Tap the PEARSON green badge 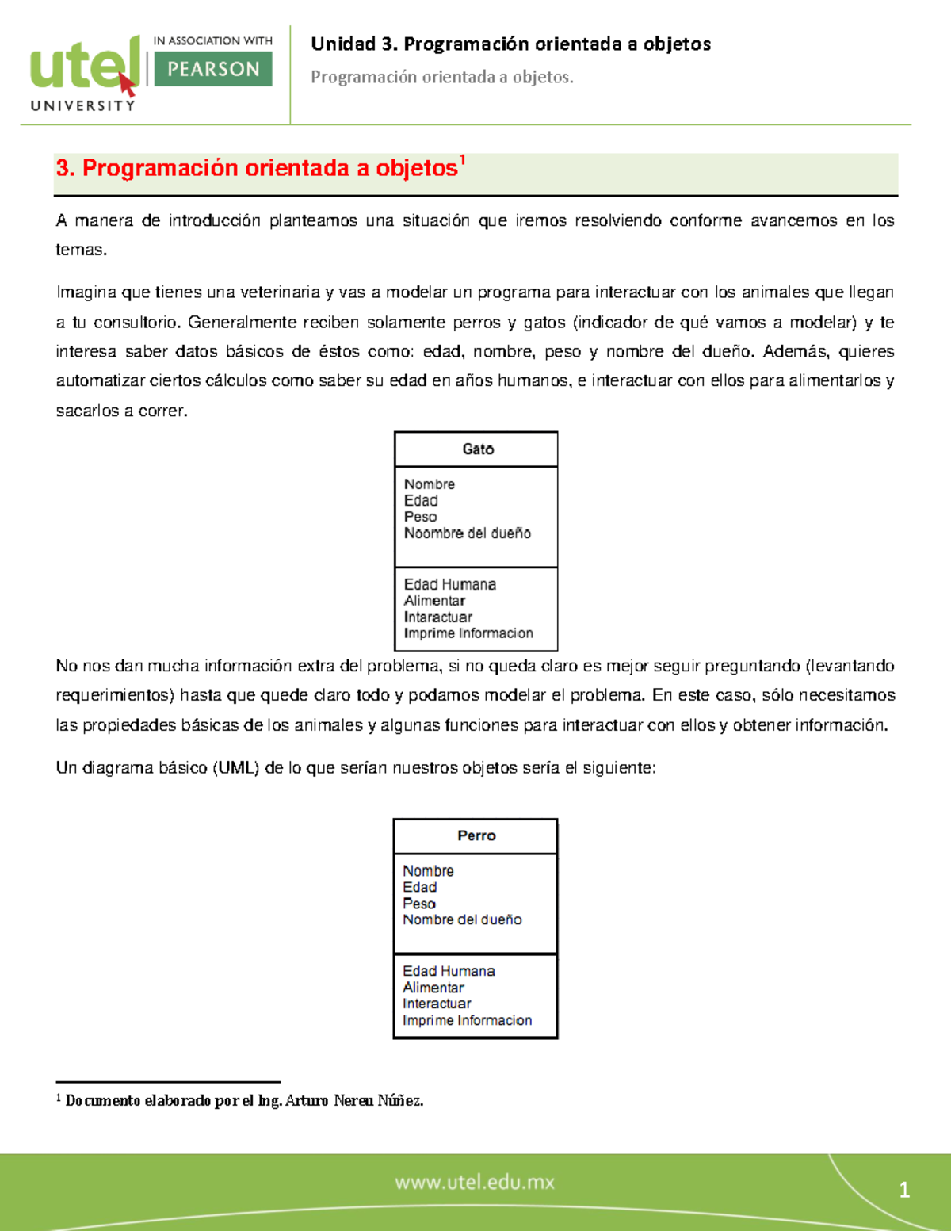213,69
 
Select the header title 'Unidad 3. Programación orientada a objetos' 510,44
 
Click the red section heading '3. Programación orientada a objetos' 257,168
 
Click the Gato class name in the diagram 478,449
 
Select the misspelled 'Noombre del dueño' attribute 467,533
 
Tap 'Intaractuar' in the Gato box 437,617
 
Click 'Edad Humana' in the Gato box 449,584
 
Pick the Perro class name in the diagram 476,835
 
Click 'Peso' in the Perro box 418,904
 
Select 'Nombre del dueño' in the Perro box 462,919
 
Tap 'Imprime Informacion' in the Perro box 467,1020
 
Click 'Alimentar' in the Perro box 433,988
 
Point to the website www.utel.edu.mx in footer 475,1182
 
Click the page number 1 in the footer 904,1190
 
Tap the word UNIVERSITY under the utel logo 82,105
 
